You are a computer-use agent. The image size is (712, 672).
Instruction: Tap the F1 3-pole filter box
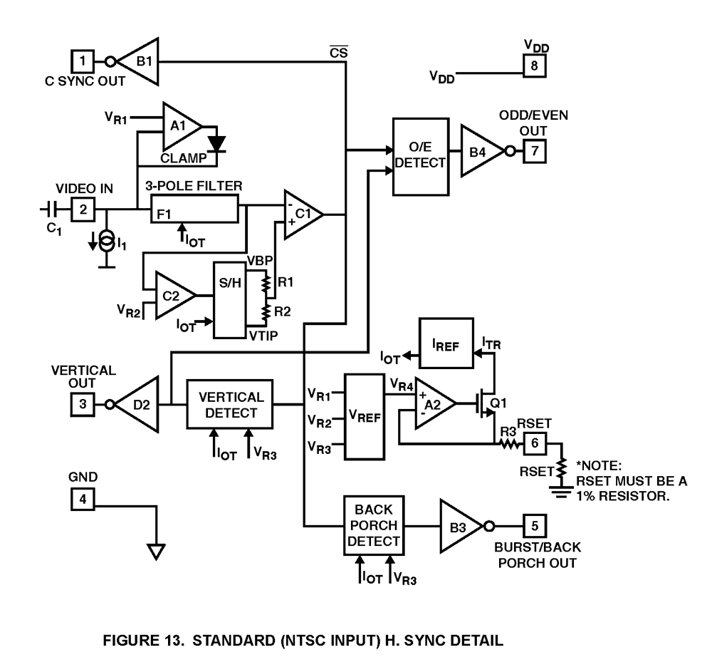point(194,211)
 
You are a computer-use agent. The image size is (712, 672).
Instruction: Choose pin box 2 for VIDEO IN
point(83,210)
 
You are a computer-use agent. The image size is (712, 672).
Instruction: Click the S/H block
point(230,299)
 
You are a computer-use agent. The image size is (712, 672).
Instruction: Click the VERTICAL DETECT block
point(230,404)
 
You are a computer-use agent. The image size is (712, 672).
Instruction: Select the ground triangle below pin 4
point(156,552)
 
